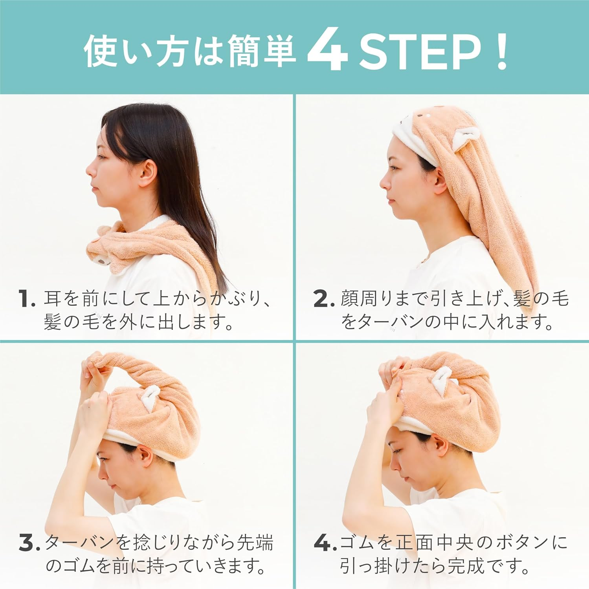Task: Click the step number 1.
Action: tap(27, 299)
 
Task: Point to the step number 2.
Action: tap(323, 299)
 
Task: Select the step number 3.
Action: tap(29, 543)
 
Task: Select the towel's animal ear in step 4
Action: tap(443, 381)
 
